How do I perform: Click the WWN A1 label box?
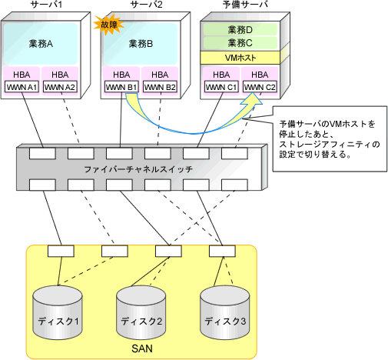coord(22,87)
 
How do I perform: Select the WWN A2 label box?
coord(60,87)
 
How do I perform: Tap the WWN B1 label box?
coord(121,87)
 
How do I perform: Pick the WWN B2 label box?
coord(160,87)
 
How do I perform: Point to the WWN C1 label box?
coord(221,87)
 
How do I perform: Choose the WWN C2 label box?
coord(260,87)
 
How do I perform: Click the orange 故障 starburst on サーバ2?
coord(109,25)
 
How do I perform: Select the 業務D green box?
coord(240,30)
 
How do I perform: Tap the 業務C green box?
coord(240,43)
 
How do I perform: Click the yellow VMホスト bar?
coord(240,58)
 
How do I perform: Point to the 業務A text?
coord(41,44)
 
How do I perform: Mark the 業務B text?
coord(141,44)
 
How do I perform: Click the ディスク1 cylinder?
coord(58,312)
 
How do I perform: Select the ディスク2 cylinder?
coord(141,312)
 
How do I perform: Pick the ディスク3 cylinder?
coord(224,312)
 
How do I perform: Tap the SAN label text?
coord(142,348)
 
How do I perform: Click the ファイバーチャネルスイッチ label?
coord(138,169)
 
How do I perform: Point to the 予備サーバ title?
coord(245,5)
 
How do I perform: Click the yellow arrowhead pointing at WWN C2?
coord(252,98)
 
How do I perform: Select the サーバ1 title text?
coord(46,5)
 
